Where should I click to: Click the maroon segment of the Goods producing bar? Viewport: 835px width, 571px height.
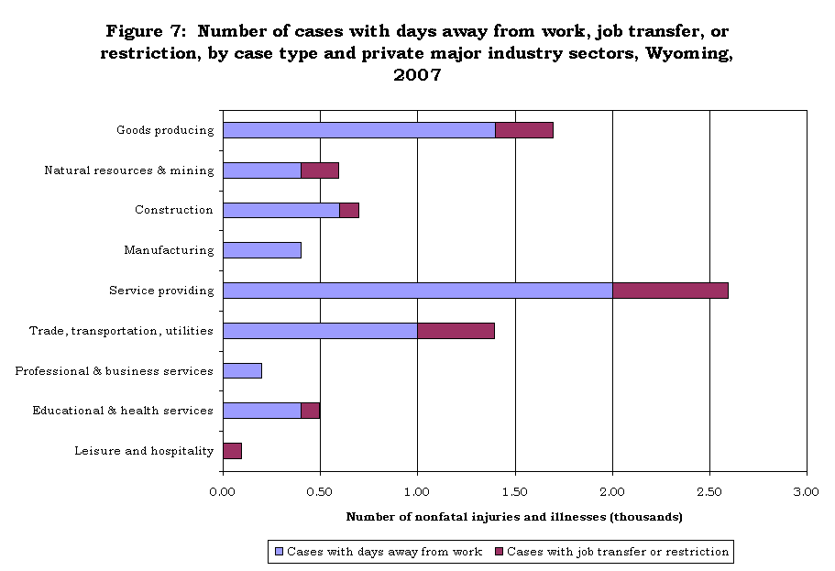click(x=524, y=130)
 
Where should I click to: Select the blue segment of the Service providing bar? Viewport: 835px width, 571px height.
click(x=418, y=291)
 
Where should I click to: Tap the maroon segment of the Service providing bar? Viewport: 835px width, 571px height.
click(x=670, y=291)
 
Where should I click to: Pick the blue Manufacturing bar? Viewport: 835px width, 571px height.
click(x=262, y=250)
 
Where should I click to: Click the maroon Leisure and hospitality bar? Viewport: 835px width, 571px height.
click(x=233, y=451)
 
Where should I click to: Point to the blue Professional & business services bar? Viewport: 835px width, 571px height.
click(x=242, y=370)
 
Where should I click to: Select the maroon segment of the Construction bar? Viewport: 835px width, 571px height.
click(x=349, y=211)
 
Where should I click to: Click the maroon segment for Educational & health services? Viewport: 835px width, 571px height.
click(x=311, y=411)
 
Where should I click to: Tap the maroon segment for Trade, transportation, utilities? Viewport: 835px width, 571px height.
click(x=456, y=331)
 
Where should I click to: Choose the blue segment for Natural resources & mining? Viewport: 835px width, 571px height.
click(x=262, y=170)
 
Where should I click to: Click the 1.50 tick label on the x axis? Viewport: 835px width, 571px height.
click(x=515, y=491)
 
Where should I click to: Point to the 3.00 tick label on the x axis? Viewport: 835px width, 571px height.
click(x=807, y=491)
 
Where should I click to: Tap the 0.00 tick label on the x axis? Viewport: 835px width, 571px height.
click(x=223, y=491)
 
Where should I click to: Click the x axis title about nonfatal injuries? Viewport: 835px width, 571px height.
click(x=514, y=517)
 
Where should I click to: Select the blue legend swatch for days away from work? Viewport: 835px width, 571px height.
click(x=279, y=552)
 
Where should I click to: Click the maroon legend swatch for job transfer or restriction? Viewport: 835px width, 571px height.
click(x=499, y=552)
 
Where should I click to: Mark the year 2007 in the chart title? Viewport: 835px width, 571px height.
click(x=418, y=74)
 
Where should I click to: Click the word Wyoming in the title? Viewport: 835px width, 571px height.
click(x=689, y=53)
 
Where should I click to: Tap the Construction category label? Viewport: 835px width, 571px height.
click(x=173, y=210)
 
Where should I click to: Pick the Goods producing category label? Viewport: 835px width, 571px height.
click(x=165, y=130)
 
